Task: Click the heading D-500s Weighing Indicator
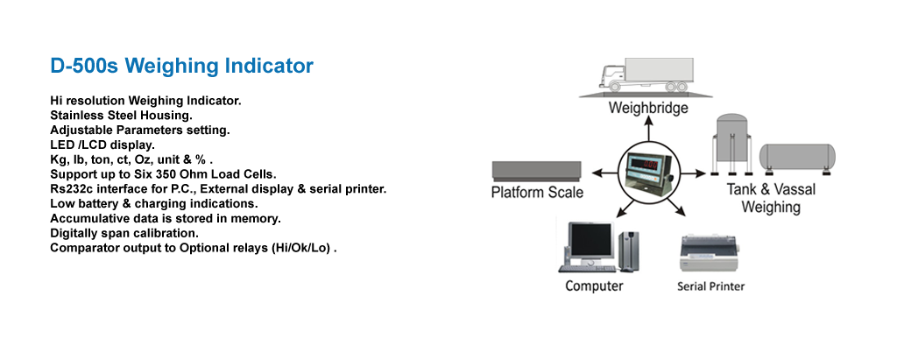point(181,66)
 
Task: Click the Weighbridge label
point(648,108)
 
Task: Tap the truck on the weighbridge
point(649,74)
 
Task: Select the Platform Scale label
point(537,192)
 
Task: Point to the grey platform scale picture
point(536,170)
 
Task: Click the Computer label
point(594,286)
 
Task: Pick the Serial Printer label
point(710,286)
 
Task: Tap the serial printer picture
point(710,254)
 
